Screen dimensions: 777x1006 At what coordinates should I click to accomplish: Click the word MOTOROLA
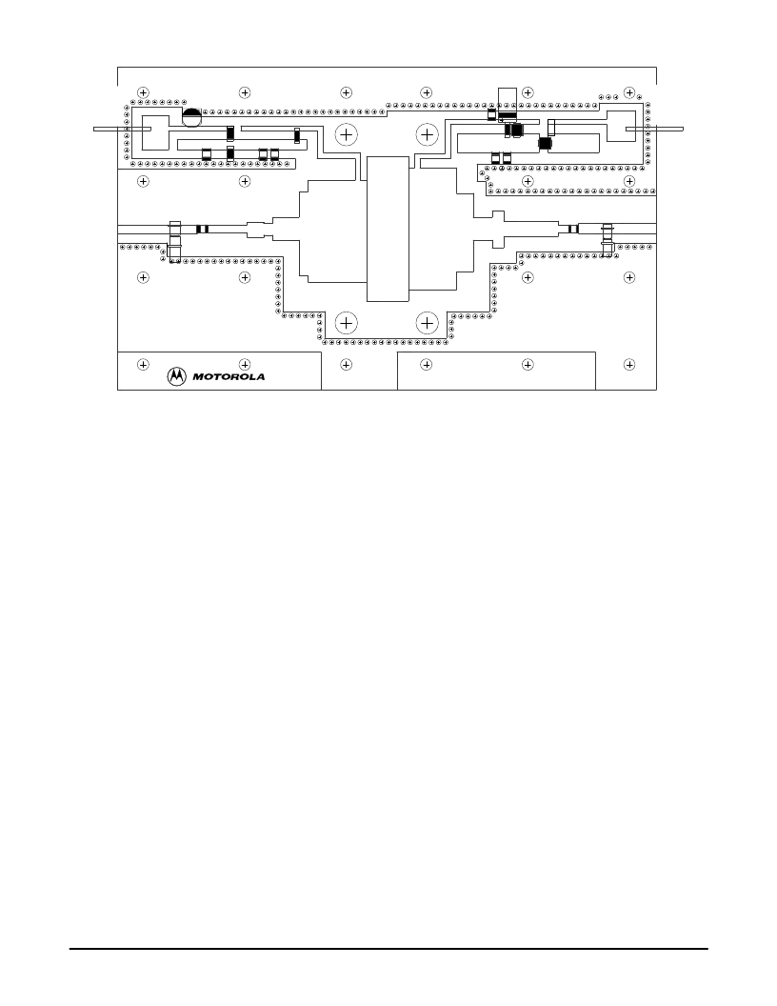(229, 376)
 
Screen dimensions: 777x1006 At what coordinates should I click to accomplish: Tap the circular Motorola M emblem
(177, 376)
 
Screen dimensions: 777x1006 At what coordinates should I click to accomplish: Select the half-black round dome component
(191, 117)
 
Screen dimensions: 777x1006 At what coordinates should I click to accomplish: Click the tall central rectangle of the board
(388, 229)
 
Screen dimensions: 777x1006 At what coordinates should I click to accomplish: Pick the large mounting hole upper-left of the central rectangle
(347, 134)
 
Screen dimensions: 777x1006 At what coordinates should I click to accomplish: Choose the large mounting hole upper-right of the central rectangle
(427, 134)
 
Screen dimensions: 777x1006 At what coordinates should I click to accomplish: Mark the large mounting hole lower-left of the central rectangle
(347, 323)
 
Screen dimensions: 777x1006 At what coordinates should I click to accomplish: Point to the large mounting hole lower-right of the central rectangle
(427, 323)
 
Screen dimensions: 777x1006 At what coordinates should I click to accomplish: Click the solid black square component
(545, 143)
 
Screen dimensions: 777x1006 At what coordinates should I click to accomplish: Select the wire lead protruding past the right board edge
(654, 129)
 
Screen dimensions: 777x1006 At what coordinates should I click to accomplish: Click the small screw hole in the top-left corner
(143, 93)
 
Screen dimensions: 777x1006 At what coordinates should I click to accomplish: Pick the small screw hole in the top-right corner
(629, 93)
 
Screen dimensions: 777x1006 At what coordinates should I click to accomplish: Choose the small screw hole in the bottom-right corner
(629, 365)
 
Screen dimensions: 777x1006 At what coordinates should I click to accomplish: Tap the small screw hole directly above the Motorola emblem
(143, 365)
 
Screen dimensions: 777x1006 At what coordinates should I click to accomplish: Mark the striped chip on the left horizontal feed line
(203, 229)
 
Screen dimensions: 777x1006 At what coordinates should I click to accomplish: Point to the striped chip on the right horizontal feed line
(572, 229)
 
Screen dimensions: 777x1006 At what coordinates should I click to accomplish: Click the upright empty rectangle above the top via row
(508, 99)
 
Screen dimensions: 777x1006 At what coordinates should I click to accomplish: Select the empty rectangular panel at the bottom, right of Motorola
(496, 371)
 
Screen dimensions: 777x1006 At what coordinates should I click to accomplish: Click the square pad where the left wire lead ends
(155, 133)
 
